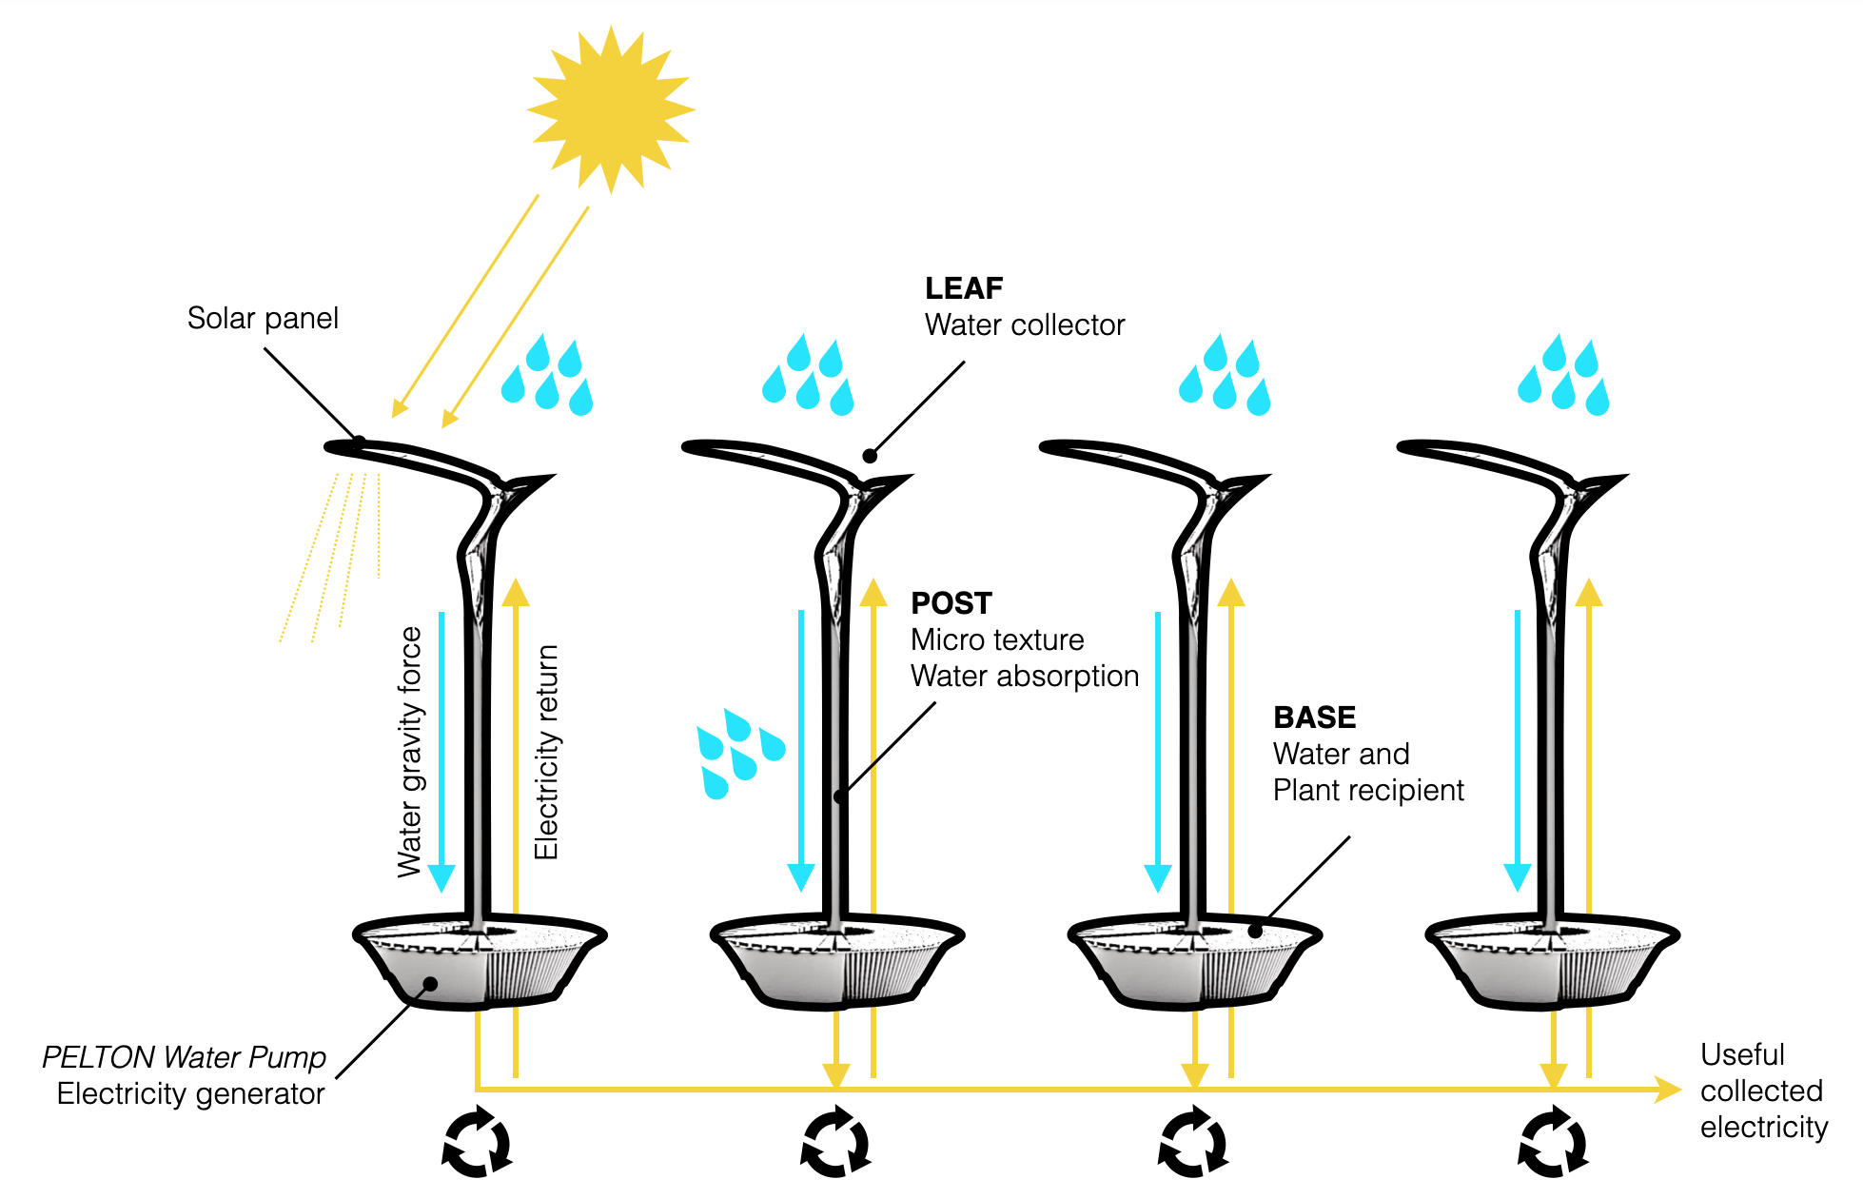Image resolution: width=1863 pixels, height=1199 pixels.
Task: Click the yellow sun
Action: tap(611, 108)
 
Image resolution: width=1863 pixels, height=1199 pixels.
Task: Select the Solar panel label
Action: tap(263, 318)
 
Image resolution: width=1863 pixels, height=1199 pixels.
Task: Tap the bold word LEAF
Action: tap(964, 287)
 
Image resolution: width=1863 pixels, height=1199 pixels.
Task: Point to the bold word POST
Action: tap(951, 603)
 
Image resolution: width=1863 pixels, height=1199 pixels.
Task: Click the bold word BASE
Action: tap(1314, 717)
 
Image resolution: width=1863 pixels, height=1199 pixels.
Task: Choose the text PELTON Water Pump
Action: tap(184, 1057)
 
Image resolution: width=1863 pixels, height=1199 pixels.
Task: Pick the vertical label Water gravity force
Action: tap(409, 752)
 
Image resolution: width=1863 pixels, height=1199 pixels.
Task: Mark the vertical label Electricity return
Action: tap(546, 752)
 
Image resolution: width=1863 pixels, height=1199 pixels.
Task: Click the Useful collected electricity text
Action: tap(1763, 1091)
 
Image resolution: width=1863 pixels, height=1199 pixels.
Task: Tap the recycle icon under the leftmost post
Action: tap(477, 1142)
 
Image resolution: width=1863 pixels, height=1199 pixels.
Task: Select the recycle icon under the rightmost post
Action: tap(1553, 1142)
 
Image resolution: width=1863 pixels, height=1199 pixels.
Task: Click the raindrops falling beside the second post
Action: tap(738, 753)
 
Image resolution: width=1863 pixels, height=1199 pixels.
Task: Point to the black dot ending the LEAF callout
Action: tap(870, 456)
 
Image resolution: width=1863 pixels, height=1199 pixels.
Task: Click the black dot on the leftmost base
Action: tap(430, 984)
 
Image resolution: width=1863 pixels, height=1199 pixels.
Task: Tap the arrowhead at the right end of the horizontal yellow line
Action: tap(1668, 1090)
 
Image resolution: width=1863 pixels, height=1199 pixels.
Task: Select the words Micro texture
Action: tap(997, 639)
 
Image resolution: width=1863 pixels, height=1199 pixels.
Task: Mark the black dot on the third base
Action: tap(1255, 932)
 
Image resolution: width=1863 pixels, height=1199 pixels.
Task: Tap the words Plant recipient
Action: tap(1368, 790)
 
